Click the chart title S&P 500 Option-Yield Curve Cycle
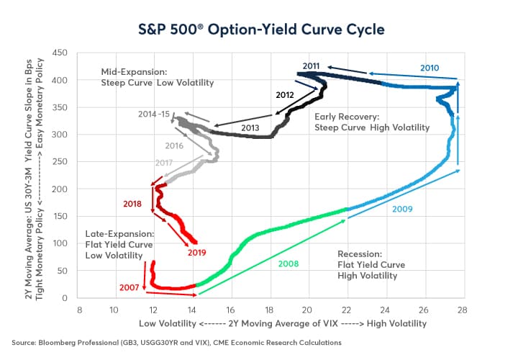click(x=258, y=30)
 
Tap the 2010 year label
click(x=430, y=68)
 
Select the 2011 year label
click(x=311, y=66)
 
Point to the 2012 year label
click(x=285, y=94)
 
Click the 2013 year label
click(x=250, y=127)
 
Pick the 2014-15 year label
click(x=155, y=114)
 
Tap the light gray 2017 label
click(x=165, y=163)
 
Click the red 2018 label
click(x=132, y=204)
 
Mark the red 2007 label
click(x=129, y=287)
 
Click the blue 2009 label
click(x=404, y=208)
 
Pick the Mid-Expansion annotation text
click(x=158, y=78)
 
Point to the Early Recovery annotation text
click(x=372, y=122)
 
